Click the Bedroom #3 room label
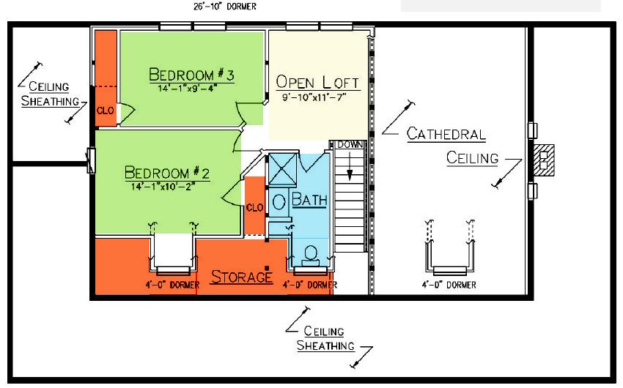(191, 75)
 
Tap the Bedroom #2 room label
(167, 173)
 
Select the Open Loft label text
(317, 82)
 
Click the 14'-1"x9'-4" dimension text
(186, 88)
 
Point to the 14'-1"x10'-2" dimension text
(163, 186)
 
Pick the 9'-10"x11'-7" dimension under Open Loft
(314, 97)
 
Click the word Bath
(309, 199)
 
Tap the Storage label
(242, 277)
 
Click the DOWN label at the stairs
(350, 144)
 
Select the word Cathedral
(446, 134)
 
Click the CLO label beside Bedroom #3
(106, 111)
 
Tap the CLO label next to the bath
(254, 207)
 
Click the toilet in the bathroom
(310, 256)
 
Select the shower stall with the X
(282, 169)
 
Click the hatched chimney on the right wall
(544, 160)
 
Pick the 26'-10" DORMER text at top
(225, 7)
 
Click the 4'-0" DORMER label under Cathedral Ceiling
(449, 285)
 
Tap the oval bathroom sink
(279, 202)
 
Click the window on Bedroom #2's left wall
(92, 160)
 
